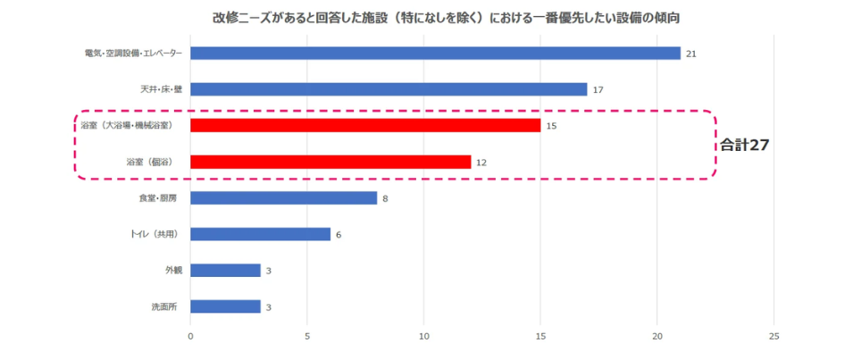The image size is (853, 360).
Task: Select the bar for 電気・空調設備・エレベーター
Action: (435, 54)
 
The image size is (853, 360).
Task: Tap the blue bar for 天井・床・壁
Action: (389, 89)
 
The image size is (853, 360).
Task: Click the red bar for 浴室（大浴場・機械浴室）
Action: (365, 126)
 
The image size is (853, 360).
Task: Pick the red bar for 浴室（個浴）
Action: (330, 162)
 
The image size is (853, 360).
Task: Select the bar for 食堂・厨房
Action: (283, 198)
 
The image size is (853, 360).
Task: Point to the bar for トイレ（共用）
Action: (260, 234)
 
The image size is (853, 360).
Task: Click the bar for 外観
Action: (225, 270)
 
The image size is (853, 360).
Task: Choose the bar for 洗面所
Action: (225, 306)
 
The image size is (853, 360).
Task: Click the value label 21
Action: (690, 54)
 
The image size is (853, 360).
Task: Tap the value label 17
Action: (598, 90)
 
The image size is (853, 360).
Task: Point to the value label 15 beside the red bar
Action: (551, 126)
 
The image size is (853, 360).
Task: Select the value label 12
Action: (481, 163)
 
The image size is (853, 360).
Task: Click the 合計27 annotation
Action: (745, 145)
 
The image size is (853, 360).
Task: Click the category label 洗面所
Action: (163, 306)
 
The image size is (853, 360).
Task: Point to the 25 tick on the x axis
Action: (774, 337)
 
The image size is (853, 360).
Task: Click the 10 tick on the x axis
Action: (424, 337)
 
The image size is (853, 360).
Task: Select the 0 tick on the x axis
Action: (190, 337)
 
